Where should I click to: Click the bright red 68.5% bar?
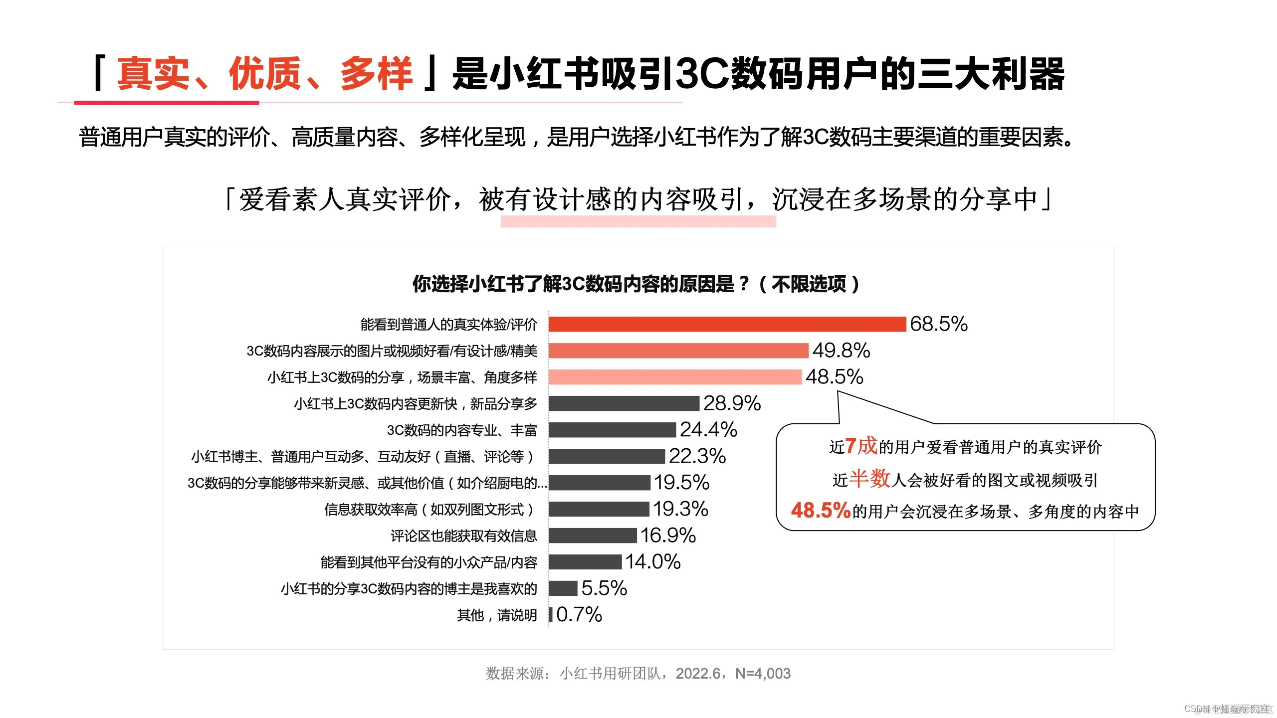[x=727, y=324]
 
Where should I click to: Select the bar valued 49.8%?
[x=678, y=351]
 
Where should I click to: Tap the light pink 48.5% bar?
[x=675, y=377]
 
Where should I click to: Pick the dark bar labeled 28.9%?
[x=624, y=403]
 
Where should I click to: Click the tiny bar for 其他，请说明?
[x=551, y=615]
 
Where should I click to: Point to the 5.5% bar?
[x=563, y=588]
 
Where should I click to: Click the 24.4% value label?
[x=708, y=429]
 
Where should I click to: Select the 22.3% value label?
[x=697, y=456]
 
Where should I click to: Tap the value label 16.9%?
[x=668, y=536]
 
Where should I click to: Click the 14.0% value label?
[x=653, y=562]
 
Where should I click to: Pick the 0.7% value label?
[x=579, y=615]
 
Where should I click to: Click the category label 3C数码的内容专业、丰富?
[x=462, y=430]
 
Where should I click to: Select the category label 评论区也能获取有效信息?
[x=463, y=536]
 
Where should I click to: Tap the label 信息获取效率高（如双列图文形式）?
[x=430, y=510]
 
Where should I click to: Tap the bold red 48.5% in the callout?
[x=821, y=511]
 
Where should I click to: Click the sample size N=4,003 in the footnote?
[x=763, y=674]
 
